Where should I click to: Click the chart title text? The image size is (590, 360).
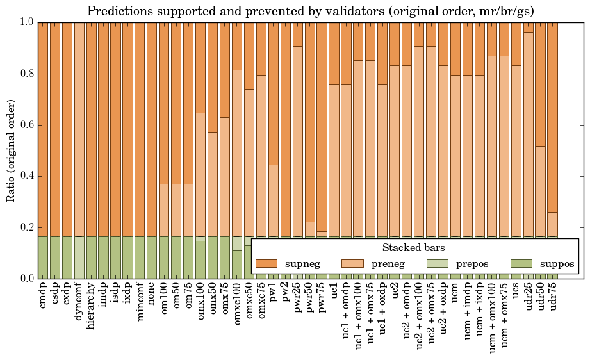click(310, 11)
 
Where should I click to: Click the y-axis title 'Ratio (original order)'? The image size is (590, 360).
click(11, 149)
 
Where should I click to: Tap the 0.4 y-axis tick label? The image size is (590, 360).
click(26, 176)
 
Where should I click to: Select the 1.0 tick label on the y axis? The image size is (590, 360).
click(26, 22)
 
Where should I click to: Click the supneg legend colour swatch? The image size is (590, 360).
click(266, 263)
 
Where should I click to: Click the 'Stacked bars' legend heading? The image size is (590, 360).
click(413, 247)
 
